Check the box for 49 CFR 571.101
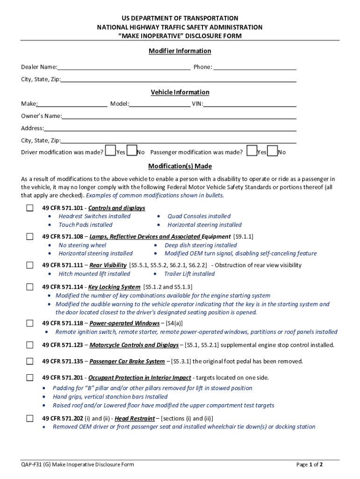pyautogui.click(x=30, y=208)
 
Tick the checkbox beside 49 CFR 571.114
pyautogui.click(x=30, y=287)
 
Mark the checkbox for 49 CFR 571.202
pyautogui.click(x=30, y=418)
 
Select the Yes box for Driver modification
pyautogui.click(x=110, y=151)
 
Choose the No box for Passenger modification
pyautogui.click(x=273, y=151)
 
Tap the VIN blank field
pyautogui.click(x=250, y=104)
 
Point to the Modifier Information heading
pyautogui.click(x=180, y=51)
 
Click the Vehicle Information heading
pyautogui.click(x=180, y=92)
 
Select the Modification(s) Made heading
pyautogui.click(x=180, y=166)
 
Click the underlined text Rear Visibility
pyautogui.click(x=108, y=265)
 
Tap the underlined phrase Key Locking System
pyautogui.click(x=114, y=287)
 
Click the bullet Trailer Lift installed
pyautogui.click(x=189, y=274)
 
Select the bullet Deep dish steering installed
pyautogui.click(x=201, y=245)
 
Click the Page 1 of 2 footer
pyautogui.click(x=310, y=464)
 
